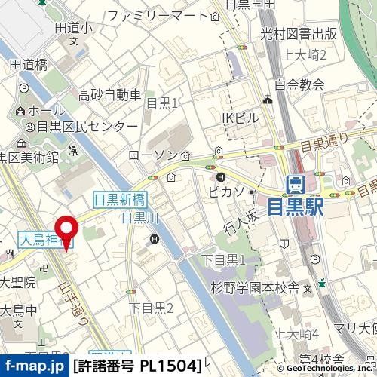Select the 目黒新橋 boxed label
[121, 200]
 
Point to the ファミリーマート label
[157, 16]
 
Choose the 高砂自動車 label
[111, 95]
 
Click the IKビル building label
[240, 117]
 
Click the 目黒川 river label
[137, 219]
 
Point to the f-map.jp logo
[34, 366]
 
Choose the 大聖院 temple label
[17, 283]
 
